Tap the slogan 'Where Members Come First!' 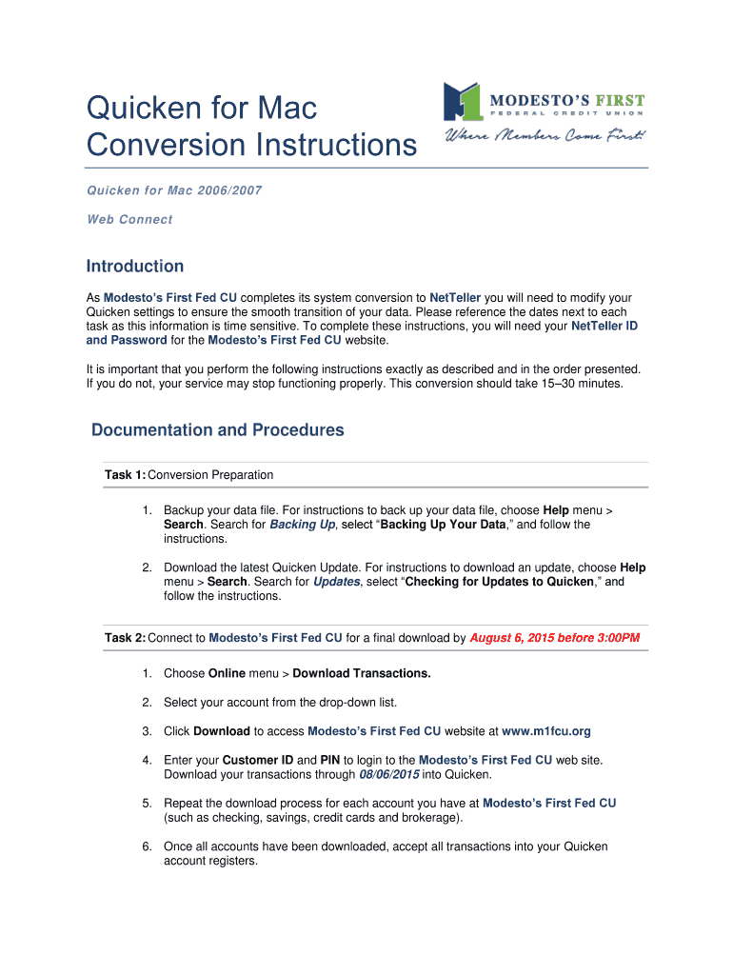coord(545,137)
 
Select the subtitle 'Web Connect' coord(129,219)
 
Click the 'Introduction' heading coord(134,267)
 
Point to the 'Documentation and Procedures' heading coord(217,430)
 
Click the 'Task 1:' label coord(126,475)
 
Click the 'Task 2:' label coord(126,638)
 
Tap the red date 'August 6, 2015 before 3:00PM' coord(554,638)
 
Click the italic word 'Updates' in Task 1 coord(336,582)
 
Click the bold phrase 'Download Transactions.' coord(362,673)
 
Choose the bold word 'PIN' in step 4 coord(329,760)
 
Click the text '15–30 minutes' coord(578,384)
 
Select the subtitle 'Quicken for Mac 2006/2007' coord(174,190)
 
